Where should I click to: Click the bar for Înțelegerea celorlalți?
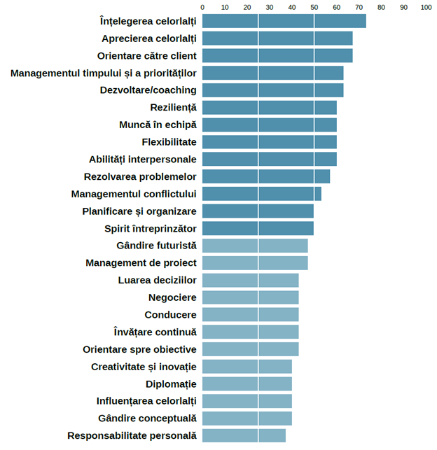(x=284, y=21)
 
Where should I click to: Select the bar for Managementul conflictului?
(x=261, y=194)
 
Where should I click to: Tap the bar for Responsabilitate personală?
(x=244, y=435)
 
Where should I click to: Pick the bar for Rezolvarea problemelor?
(x=265, y=176)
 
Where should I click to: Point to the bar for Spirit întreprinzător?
(x=258, y=228)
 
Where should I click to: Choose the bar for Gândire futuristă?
(x=255, y=246)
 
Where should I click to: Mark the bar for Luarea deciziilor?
(x=250, y=280)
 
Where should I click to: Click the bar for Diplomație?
(x=247, y=384)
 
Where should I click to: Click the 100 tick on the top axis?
(x=426, y=7)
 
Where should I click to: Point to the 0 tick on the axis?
(x=202, y=7)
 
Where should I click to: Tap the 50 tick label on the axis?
(x=314, y=7)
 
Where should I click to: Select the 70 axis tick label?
(x=359, y=7)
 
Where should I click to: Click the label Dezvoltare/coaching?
(x=148, y=90)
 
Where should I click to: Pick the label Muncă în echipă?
(x=158, y=125)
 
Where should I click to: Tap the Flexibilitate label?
(x=169, y=142)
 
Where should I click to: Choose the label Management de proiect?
(x=141, y=263)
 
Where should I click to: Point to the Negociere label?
(x=172, y=297)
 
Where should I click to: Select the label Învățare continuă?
(x=155, y=332)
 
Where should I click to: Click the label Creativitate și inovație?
(x=144, y=367)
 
